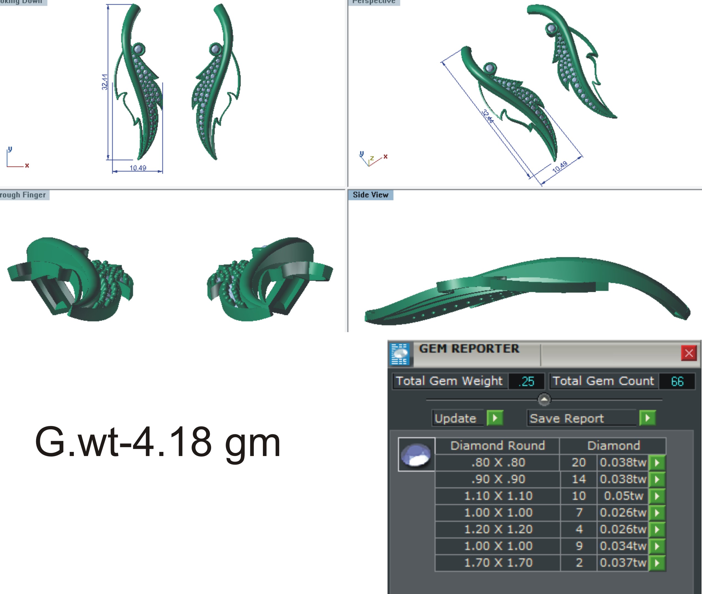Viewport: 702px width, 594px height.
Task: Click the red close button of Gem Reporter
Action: click(x=688, y=353)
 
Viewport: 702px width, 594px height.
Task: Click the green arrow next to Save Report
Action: click(x=647, y=418)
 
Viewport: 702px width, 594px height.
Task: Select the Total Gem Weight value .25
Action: click(x=526, y=381)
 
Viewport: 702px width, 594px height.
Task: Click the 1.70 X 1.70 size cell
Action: click(x=498, y=563)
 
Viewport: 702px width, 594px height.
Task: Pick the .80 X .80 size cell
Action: click(x=498, y=462)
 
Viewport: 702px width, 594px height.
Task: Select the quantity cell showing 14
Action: click(x=578, y=479)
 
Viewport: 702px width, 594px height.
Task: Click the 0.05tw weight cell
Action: click(x=623, y=496)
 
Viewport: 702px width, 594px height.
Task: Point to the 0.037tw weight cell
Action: click(x=623, y=563)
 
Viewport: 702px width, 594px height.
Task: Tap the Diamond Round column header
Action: click(x=497, y=446)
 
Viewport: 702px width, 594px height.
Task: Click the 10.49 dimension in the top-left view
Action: click(x=138, y=168)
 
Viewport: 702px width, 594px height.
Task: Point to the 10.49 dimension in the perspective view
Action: click(x=560, y=167)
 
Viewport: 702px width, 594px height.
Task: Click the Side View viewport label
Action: click(x=370, y=195)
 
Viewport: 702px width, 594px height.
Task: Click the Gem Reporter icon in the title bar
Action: click(x=400, y=354)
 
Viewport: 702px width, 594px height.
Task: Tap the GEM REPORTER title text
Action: click(x=469, y=349)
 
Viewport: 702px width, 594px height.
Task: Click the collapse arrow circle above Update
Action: click(x=544, y=400)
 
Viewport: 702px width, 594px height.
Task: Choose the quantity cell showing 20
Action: click(x=578, y=462)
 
